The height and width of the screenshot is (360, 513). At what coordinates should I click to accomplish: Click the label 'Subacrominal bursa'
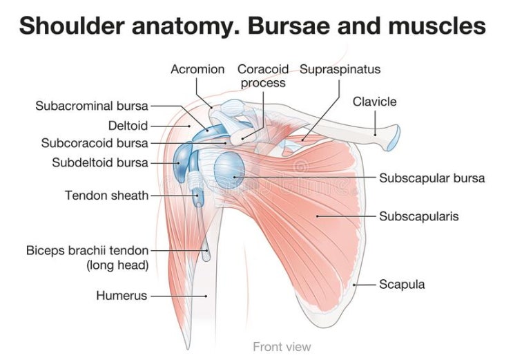(x=92, y=106)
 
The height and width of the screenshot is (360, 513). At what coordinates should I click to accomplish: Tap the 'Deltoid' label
(x=128, y=125)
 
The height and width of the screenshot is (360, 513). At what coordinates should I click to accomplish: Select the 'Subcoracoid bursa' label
(x=95, y=144)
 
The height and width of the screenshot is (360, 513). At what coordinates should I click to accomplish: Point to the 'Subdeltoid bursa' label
(x=99, y=163)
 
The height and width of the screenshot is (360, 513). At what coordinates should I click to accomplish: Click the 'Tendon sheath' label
(x=106, y=196)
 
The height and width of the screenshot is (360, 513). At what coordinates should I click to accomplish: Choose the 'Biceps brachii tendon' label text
(x=87, y=250)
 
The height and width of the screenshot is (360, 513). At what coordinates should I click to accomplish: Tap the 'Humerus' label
(x=122, y=296)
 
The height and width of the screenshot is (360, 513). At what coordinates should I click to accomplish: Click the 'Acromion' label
(x=197, y=69)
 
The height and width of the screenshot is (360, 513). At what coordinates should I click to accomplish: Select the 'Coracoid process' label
(x=262, y=76)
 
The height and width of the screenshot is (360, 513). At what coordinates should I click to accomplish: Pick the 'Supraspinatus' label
(x=340, y=69)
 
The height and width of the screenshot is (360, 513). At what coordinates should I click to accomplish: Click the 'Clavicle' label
(x=375, y=102)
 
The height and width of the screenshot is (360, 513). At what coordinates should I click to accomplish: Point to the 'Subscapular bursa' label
(x=432, y=178)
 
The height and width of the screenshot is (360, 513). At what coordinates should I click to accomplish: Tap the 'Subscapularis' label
(x=419, y=216)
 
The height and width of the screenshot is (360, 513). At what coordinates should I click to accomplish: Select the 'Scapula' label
(x=402, y=284)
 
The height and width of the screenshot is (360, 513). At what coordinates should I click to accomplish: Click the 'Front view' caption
(x=282, y=346)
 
